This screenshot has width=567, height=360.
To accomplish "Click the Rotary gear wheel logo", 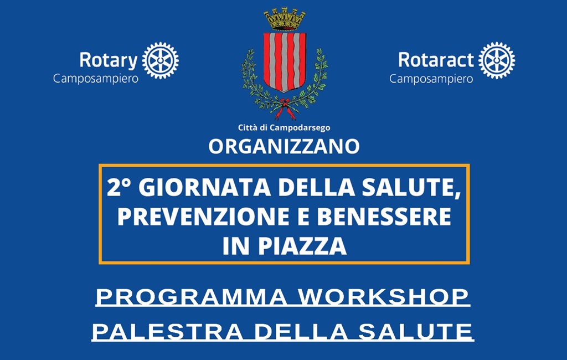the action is point(160,60).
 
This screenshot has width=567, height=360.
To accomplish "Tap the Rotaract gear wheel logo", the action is point(497,60).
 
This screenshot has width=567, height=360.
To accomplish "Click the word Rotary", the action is point(109,60).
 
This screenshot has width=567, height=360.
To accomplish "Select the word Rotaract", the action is point(436,60).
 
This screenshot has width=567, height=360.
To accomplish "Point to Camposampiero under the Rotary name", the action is point(96,79).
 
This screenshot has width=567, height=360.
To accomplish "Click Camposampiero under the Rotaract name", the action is point(431,79).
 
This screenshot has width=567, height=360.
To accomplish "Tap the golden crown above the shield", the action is point(285,19).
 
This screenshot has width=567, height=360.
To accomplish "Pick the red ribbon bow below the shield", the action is point(285,109).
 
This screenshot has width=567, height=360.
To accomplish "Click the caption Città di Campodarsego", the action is point(284,128).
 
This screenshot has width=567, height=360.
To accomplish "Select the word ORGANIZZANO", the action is point(284,147).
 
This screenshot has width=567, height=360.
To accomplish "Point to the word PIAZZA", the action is point(302,246).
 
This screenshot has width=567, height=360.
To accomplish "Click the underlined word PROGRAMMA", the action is point(191,297).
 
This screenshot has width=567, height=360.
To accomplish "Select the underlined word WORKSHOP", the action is point(384,297).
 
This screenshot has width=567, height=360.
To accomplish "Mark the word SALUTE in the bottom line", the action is point(415,332).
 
